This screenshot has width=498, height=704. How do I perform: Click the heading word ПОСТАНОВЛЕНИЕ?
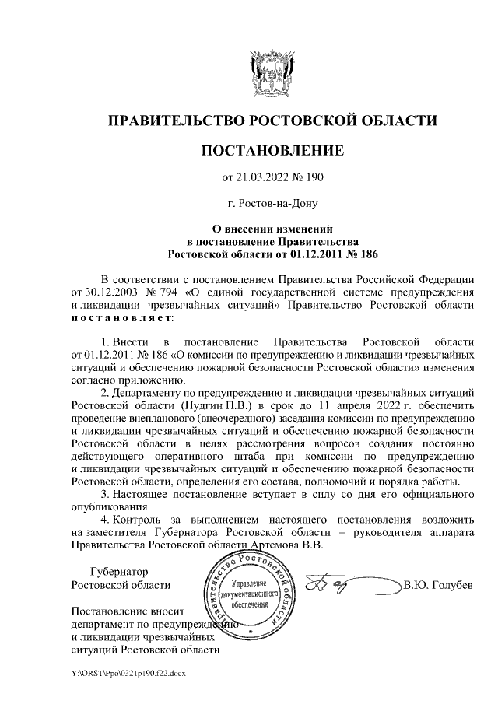(272, 149)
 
